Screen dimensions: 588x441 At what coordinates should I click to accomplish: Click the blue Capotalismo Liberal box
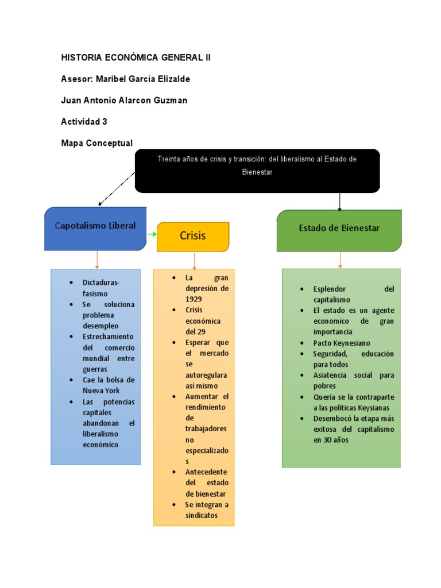95,228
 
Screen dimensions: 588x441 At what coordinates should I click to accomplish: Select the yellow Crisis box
193,236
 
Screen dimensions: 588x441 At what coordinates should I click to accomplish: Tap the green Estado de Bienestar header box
339,230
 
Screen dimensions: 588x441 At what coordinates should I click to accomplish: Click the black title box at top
257,171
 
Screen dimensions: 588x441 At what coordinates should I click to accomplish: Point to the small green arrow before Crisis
152,234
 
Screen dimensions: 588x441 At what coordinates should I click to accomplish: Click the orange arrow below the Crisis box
195,261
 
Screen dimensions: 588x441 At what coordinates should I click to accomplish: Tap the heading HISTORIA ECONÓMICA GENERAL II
136,58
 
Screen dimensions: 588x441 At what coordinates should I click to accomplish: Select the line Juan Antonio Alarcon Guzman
124,100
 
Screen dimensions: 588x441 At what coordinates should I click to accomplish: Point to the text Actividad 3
84,122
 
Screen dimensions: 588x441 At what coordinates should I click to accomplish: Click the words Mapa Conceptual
96,143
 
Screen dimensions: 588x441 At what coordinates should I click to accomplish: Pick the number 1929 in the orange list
194,299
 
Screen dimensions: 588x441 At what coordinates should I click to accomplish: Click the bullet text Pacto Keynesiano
342,343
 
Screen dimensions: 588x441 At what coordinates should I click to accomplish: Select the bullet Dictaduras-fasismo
100,288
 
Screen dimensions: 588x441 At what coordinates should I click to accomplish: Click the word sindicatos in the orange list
202,515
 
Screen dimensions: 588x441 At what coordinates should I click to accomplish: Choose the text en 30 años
331,440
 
